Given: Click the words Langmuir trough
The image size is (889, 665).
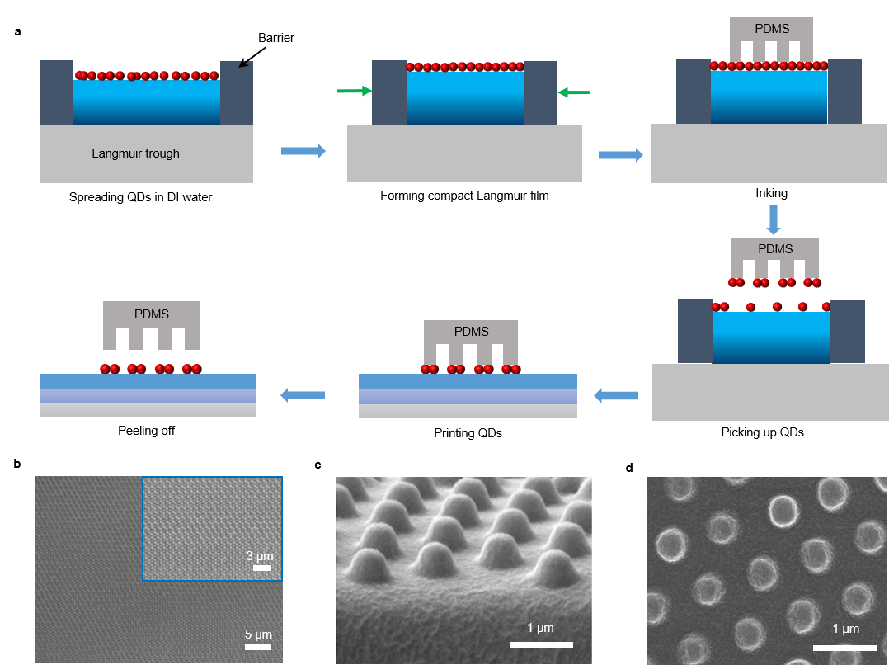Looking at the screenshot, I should (135, 153).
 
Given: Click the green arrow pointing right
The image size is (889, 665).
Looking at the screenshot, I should (355, 91).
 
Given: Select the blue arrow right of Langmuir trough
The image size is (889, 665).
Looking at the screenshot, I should (303, 150).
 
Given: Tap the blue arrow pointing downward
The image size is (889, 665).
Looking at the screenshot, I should (773, 219).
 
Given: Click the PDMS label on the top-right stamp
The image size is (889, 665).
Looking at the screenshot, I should (772, 29).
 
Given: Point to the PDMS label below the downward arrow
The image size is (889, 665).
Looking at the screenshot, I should (774, 249).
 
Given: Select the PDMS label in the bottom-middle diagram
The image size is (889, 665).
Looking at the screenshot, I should (471, 332).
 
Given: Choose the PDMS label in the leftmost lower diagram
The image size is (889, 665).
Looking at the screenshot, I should (151, 314).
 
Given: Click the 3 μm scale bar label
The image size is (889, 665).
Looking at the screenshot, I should (260, 556).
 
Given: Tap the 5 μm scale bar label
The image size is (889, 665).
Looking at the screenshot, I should (258, 634).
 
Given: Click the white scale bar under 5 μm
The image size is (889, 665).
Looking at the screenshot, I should (258, 646).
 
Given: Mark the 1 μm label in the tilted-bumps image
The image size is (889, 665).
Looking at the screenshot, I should (539, 629).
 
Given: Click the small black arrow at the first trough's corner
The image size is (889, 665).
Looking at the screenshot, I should (244, 63).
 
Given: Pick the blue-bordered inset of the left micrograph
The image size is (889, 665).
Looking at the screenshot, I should (212, 529).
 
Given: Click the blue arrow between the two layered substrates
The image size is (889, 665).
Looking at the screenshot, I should (303, 396).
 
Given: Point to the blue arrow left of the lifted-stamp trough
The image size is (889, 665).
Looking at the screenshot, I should (616, 397).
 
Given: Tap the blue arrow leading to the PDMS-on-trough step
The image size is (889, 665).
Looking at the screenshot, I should (620, 154).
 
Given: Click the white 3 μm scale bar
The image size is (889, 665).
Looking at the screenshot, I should (262, 568).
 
